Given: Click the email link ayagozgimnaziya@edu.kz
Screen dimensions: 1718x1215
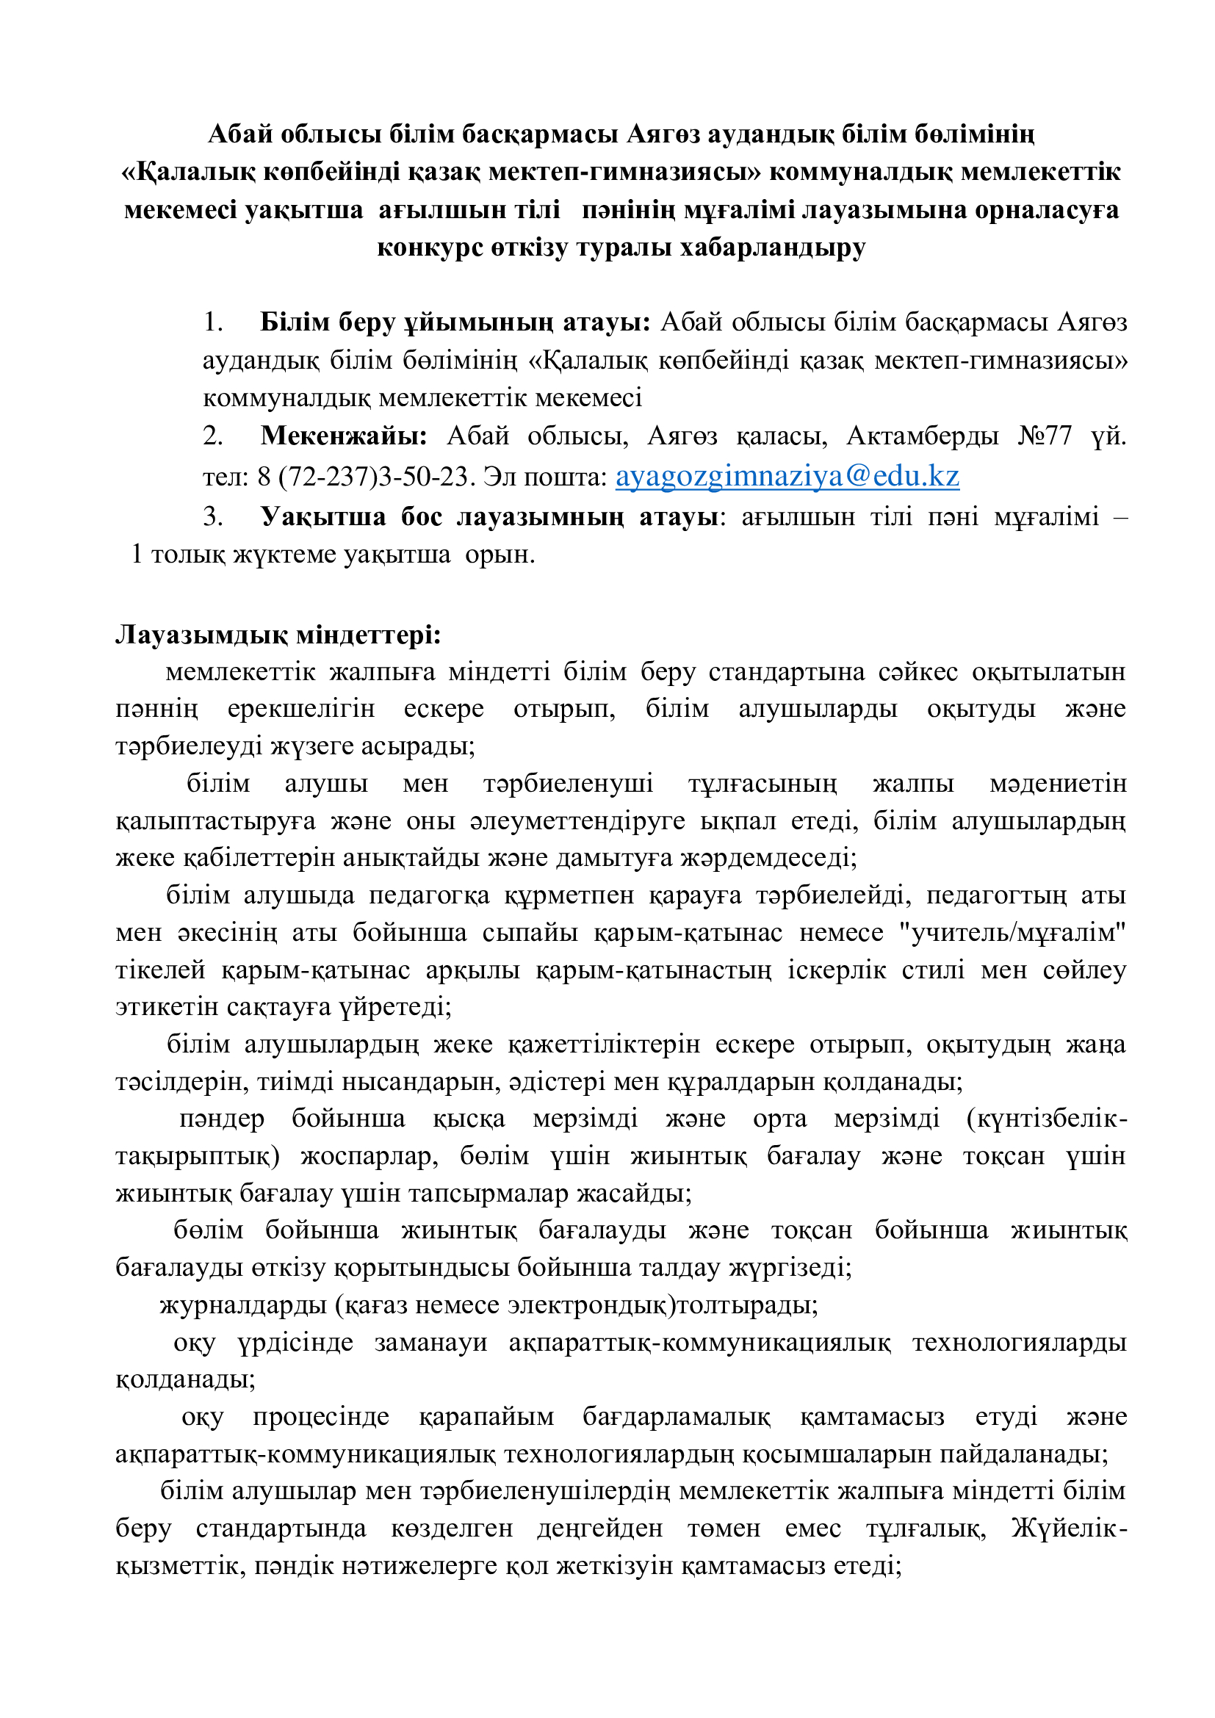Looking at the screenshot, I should click(x=787, y=477).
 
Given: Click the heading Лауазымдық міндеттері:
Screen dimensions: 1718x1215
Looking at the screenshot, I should click(x=278, y=635).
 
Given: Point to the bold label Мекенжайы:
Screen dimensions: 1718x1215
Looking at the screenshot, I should click(x=344, y=436).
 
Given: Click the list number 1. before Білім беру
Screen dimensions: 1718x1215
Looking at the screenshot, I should click(x=213, y=322).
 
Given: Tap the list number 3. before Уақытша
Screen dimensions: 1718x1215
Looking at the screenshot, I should click(x=213, y=516).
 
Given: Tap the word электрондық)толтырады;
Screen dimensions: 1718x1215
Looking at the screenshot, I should click(x=663, y=1305).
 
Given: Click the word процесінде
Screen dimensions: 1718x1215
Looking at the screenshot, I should click(x=321, y=1416).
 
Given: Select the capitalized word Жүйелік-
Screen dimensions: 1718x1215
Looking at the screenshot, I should click(x=1069, y=1527).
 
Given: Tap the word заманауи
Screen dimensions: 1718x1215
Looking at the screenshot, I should click(x=431, y=1343).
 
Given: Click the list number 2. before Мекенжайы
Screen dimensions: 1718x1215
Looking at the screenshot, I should click(x=213, y=436).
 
